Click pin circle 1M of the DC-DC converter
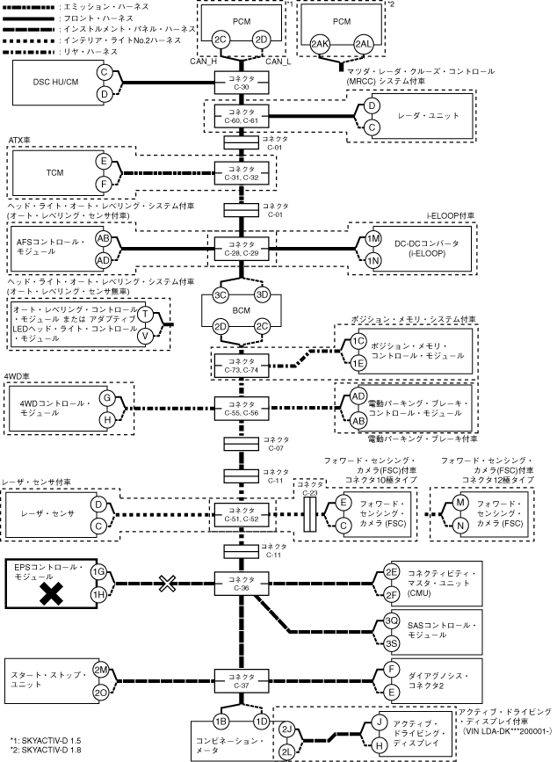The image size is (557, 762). click(373, 238)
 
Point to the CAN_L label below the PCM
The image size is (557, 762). click(278, 62)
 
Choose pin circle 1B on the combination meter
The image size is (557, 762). click(221, 721)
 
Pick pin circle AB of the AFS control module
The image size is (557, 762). click(103, 238)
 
